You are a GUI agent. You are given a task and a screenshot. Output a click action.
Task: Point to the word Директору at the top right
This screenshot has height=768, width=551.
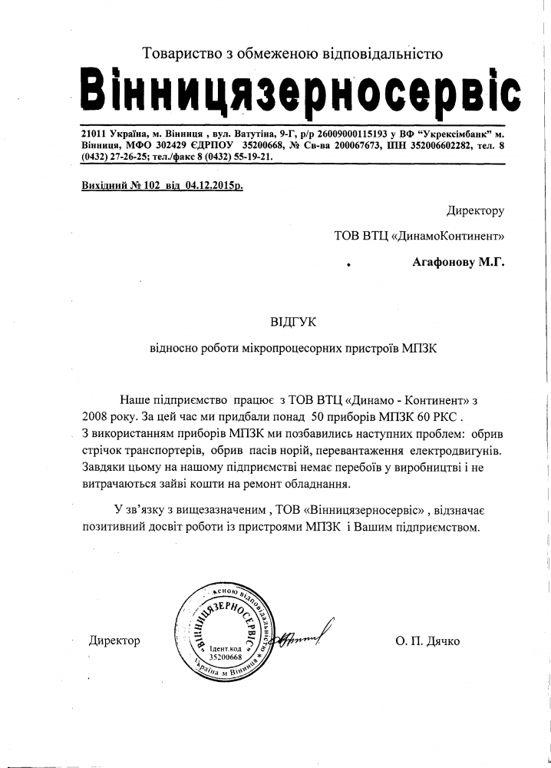(475, 210)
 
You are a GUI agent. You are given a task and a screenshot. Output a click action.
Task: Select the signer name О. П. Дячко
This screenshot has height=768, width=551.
(428, 641)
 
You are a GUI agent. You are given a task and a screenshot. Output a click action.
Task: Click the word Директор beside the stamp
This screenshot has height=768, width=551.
(114, 641)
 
